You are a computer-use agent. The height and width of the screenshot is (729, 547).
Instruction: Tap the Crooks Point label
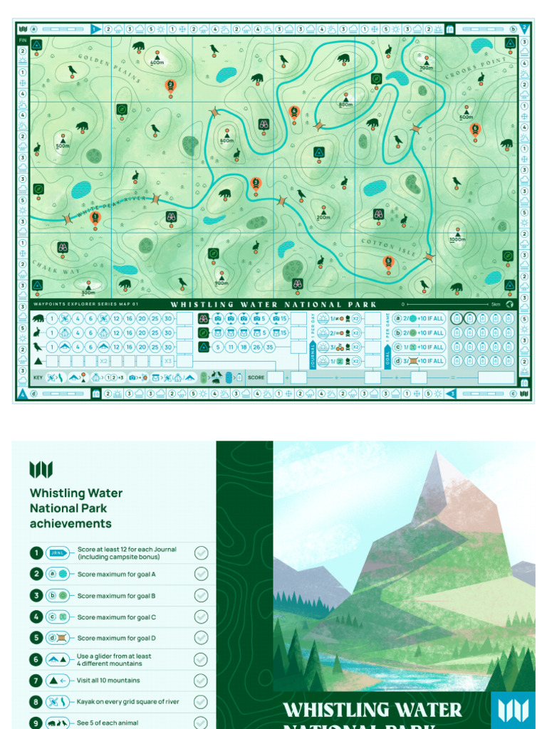[476, 69]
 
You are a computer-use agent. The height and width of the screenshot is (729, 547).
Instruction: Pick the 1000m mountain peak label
[457, 239]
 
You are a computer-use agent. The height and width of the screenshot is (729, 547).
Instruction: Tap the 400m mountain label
[157, 63]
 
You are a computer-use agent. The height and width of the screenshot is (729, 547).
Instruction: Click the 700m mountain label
[426, 68]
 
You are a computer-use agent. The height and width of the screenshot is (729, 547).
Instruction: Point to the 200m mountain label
[323, 217]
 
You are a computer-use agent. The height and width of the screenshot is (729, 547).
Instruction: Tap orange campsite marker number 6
[475, 129]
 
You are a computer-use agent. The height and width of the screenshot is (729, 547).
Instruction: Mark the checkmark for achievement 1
[201, 553]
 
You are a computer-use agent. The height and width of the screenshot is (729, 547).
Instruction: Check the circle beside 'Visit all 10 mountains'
[201, 681]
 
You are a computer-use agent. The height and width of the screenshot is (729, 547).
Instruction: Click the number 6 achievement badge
[36, 659]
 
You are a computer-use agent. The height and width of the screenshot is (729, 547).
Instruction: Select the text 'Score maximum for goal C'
[116, 617]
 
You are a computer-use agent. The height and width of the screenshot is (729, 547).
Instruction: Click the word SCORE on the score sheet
[256, 377]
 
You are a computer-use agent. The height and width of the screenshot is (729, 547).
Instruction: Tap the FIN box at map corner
[22, 41]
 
